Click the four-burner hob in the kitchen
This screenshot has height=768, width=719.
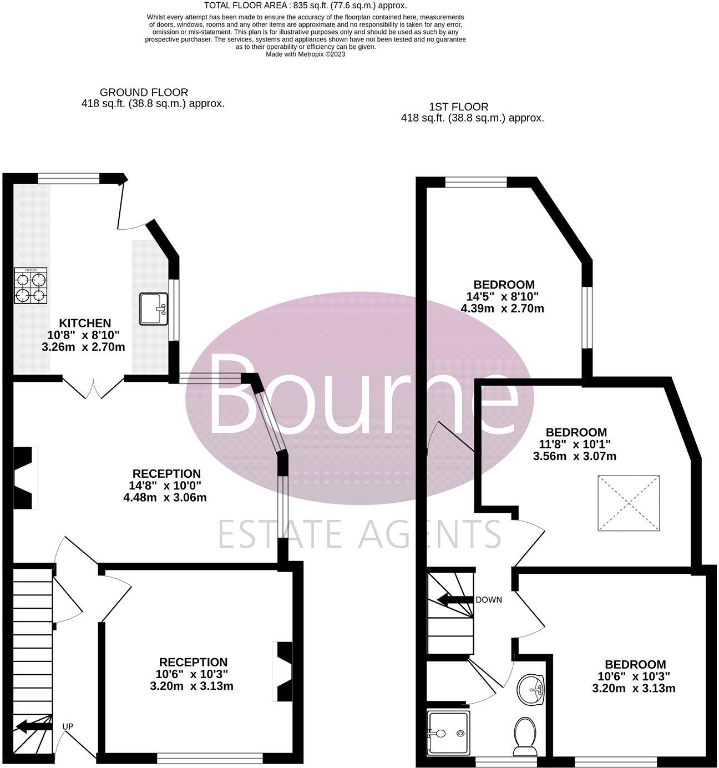coord(31,285)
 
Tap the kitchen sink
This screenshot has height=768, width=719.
coord(154,309)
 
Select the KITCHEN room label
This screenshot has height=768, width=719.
coord(85,323)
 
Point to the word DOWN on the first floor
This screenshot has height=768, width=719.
coord(488,600)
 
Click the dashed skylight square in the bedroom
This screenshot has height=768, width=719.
coord(629,503)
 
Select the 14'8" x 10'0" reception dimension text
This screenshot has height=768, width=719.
coord(165,486)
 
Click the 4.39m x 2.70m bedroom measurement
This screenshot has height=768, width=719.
coord(503,308)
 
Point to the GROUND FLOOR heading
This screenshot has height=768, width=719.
coord(144,93)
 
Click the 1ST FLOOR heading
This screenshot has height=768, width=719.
coord(459,107)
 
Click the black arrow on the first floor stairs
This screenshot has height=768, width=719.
coord(455,600)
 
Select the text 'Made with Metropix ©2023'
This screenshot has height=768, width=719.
coord(306,54)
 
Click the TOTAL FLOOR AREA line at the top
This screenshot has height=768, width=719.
coord(306,6)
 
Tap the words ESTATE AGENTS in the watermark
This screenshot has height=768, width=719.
coord(359,534)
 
